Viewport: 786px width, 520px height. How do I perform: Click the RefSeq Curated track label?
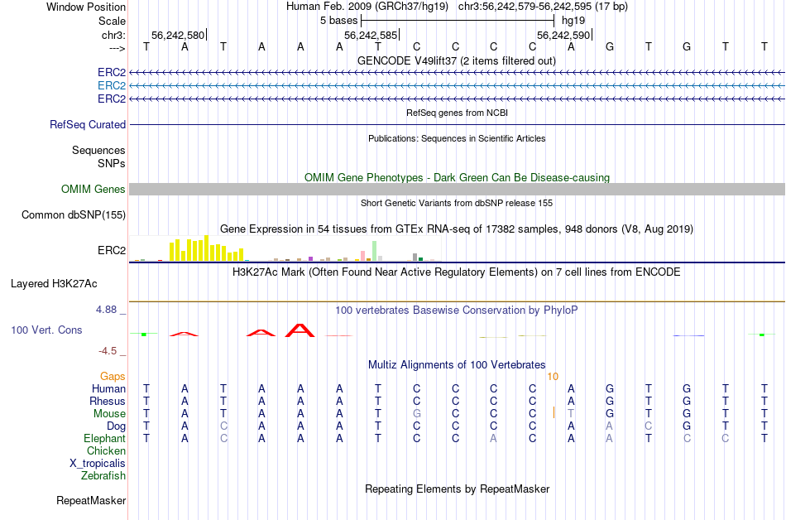(x=88, y=124)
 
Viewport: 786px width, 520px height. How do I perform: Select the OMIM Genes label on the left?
(x=93, y=190)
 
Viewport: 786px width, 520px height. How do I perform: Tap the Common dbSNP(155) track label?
(x=74, y=215)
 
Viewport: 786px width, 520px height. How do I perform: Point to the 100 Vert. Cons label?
(x=46, y=330)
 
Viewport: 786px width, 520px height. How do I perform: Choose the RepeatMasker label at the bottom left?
(x=91, y=500)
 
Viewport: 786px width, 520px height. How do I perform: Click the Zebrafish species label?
(x=103, y=475)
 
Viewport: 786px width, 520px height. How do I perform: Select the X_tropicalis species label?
(x=98, y=463)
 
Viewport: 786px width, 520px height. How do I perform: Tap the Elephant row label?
(x=104, y=438)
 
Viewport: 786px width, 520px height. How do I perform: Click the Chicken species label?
(x=106, y=450)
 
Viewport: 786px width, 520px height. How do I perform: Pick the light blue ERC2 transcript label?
(x=112, y=85)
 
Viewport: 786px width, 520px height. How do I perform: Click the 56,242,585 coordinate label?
(x=371, y=36)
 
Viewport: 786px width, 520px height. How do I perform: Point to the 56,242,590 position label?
(x=563, y=36)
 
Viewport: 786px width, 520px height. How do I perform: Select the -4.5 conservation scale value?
(x=109, y=350)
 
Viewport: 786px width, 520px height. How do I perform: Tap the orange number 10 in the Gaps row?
(x=553, y=376)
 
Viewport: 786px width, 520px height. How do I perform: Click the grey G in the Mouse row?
(x=418, y=413)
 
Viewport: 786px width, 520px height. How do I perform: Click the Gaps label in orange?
(x=113, y=376)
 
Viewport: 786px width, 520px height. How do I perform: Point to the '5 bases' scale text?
(x=338, y=20)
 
